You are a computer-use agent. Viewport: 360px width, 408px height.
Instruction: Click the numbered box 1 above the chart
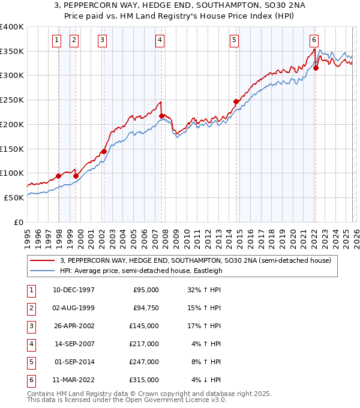coord(56,40)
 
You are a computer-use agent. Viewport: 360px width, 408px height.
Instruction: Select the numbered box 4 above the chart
coord(160,40)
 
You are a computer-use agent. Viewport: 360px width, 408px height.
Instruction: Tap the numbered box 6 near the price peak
coord(314,40)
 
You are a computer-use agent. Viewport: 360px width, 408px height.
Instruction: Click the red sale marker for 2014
coord(236,101)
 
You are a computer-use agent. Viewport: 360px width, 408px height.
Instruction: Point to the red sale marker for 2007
coord(162,116)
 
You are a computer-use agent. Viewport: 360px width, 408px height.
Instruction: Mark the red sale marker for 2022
coord(316,68)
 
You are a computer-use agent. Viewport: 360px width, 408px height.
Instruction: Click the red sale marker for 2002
coord(104,151)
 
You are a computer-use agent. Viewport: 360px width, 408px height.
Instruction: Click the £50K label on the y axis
coord(14,197)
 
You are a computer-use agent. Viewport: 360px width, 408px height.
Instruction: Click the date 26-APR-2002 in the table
coord(74,326)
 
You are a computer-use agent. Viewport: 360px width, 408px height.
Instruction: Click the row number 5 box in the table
coord(31,362)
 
